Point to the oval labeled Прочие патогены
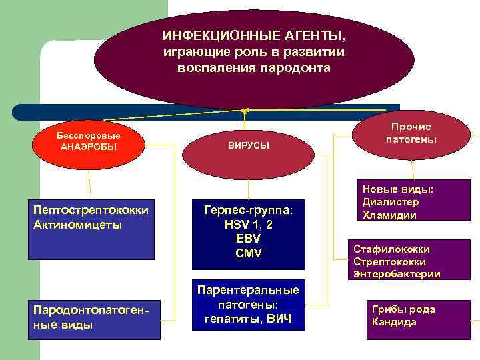[411, 133]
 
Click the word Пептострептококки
[90, 210]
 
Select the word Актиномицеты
[77, 225]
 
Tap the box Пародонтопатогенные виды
[94, 319]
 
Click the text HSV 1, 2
[248, 225]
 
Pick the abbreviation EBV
[248, 239]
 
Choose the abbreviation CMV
[248, 253]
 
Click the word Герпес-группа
[248, 210]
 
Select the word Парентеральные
[248, 290]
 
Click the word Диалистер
[391, 203]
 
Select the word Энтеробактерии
[397, 274]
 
